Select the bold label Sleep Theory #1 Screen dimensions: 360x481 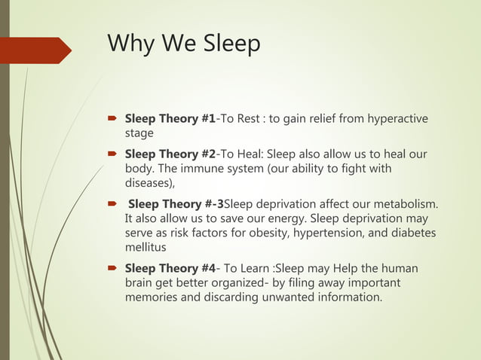coord(170,119)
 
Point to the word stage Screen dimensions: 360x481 coord(139,133)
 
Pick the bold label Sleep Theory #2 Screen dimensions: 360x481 coord(170,154)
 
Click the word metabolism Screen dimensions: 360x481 coord(404,204)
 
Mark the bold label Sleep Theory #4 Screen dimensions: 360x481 coord(170,268)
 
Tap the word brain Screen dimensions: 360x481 coord(139,282)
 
